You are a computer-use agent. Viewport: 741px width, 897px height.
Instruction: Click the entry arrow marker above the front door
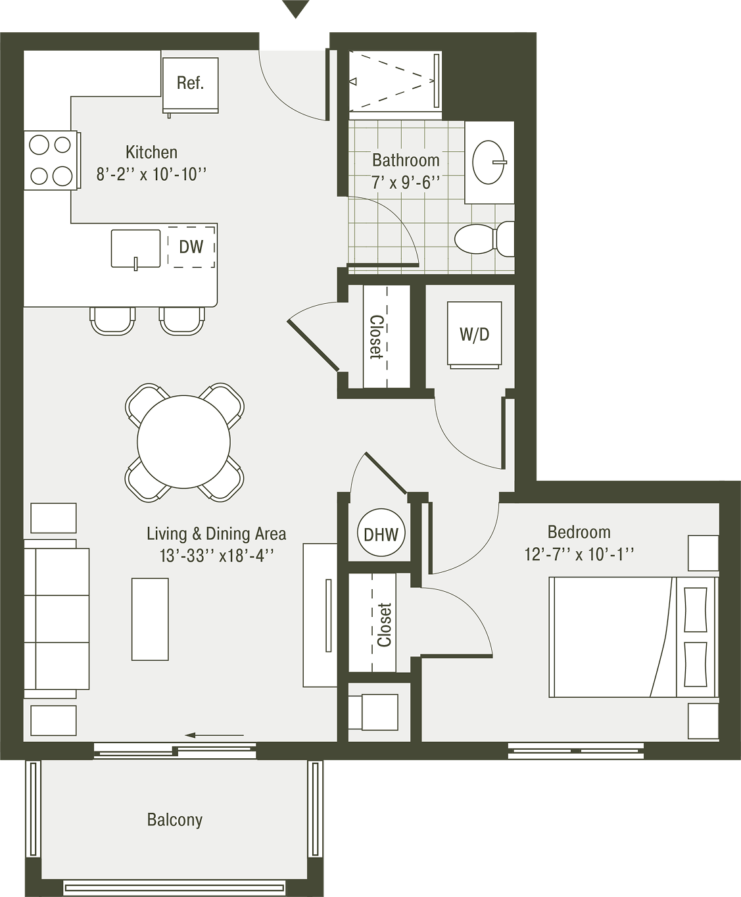pos(295,9)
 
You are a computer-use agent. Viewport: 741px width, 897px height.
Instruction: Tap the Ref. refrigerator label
pos(190,83)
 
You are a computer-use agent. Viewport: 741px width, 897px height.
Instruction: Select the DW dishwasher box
pos(191,247)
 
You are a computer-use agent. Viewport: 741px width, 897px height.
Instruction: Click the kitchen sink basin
pos(135,249)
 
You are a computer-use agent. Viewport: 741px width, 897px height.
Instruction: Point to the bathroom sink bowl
pos(489,162)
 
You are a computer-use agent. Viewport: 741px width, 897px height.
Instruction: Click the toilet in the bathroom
pos(484,239)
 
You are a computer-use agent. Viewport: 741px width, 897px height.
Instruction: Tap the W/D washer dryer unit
pos(474,335)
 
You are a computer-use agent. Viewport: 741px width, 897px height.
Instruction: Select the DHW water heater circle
pos(381,534)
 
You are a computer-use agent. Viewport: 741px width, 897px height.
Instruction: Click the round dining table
pos(184,442)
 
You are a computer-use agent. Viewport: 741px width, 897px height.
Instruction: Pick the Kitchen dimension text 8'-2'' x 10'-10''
pos(151,174)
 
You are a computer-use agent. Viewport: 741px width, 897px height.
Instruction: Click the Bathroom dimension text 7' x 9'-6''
pos(406,183)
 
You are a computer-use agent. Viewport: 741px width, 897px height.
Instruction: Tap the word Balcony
pos(175,819)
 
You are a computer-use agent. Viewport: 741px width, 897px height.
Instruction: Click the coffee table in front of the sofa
pos(150,619)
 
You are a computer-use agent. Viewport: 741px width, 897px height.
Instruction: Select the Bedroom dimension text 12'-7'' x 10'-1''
pos(579,554)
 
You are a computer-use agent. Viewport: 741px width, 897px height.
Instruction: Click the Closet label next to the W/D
pos(377,337)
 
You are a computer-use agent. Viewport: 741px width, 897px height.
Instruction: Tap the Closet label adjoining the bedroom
pos(384,625)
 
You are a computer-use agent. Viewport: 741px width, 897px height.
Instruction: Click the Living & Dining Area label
pos(216,533)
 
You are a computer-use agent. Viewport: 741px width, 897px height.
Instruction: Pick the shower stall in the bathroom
pos(394,81)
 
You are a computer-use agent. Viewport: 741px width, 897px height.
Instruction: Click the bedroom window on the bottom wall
pos(576,752)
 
